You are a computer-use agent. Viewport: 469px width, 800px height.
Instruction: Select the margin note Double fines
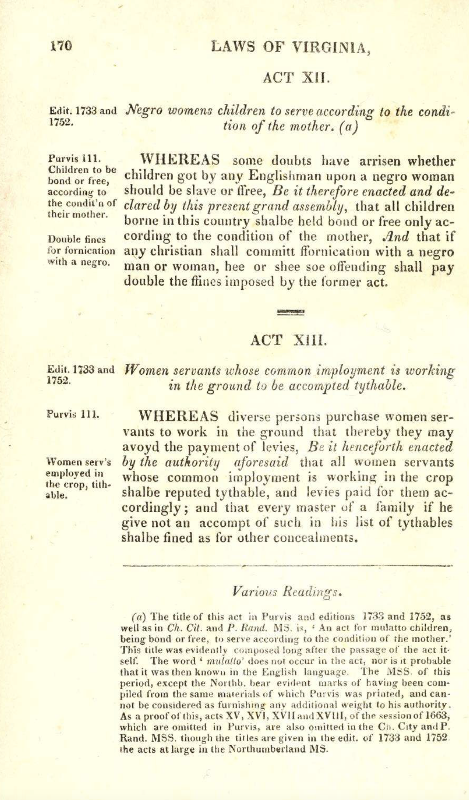tap(77, 239)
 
